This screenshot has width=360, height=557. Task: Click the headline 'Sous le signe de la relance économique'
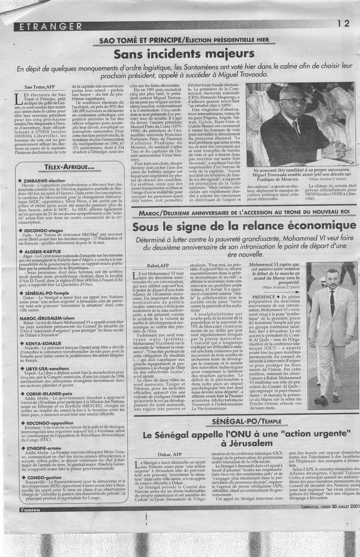(x=240, y=227)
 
